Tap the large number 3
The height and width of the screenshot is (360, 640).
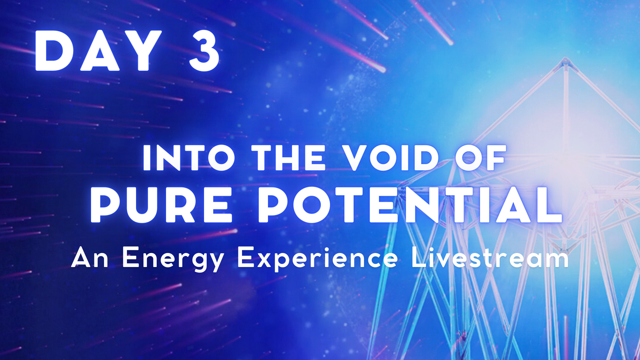[x=204, y=51]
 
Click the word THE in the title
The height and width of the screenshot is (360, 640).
[x=288, y=158]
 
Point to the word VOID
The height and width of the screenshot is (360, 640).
[x=391, y=158]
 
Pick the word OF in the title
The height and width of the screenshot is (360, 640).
[x=480, y=158]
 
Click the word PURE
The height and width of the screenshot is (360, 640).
[x=161, y=204]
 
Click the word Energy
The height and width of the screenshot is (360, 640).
[x=173, y=259]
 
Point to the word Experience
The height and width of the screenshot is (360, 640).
[x=318, y=259]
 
